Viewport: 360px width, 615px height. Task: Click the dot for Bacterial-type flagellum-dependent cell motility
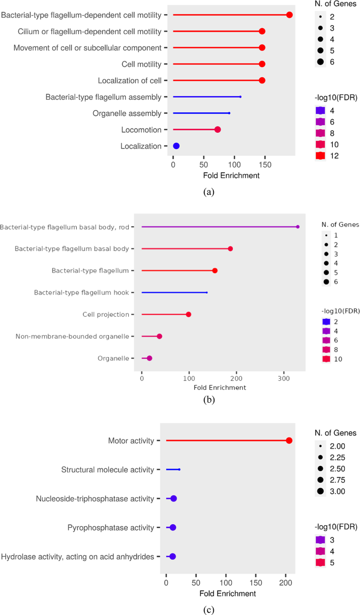[x=289, y=15]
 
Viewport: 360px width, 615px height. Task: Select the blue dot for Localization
[x=177, y=146]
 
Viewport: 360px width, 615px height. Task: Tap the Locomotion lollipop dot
[x=218, y=130]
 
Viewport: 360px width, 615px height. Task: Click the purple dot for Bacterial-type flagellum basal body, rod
[x=297, y=227]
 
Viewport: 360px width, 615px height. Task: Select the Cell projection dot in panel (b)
[x=189, y=315]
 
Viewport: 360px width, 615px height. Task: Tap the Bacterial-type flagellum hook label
[x=85, y=293]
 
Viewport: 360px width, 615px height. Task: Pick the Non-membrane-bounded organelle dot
[x=159, y=336]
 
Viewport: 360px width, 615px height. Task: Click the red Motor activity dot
[x=289, y=441]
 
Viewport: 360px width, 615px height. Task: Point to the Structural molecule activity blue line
[x=173, y=470]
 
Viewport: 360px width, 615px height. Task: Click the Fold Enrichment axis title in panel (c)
[x=228, y=593]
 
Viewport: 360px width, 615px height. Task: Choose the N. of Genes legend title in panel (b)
[x=340, y=224]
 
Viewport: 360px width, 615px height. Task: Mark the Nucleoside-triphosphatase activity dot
[x=173, y=498]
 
